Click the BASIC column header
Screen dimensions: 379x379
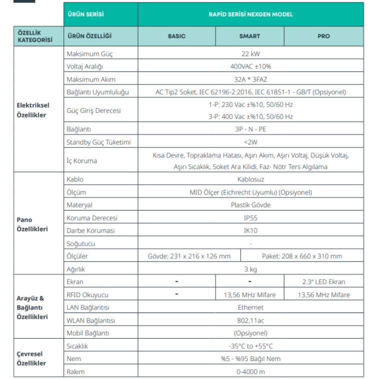[x=176, y=36]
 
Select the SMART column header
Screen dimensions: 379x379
[x=249, y=36]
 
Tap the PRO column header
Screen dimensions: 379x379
[x=323, y=36]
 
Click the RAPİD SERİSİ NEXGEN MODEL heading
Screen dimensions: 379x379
[x=250, y=14]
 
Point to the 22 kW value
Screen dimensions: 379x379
[x=250, y=53]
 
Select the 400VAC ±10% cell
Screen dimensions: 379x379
[x=250, y=66]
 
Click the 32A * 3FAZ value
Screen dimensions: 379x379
[x=250, y=79]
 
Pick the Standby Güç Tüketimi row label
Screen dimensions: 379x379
[x=98, y=142]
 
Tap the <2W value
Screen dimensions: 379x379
[x=250, y=142]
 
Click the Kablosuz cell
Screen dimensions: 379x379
[x=250, y=179]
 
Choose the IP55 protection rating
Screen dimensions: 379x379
[x=250, y=218]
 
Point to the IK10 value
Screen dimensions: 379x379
[x=250, y=231]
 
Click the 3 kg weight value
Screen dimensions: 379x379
[x=250, y=269]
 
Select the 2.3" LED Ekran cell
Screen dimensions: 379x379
[x=323, y=282]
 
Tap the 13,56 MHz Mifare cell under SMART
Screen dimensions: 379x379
[x=249, y=294]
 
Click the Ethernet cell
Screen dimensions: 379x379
[x=250, y=307]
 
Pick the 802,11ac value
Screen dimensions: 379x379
[x=250, y=320]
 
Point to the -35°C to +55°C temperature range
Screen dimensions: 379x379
[x=250, y=346]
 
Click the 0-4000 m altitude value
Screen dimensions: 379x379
[x=250, y=371]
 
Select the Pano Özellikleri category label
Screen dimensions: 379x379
[x=32, y=224]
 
